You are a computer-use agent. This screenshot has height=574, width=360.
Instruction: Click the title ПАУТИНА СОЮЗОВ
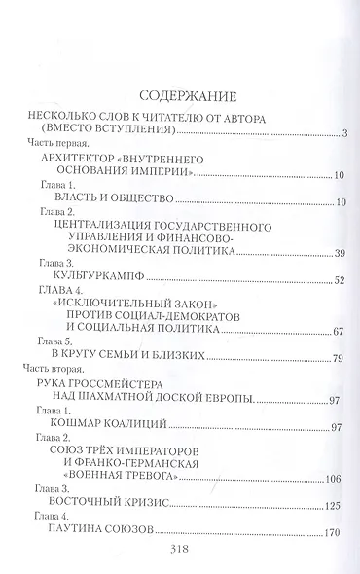101,531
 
